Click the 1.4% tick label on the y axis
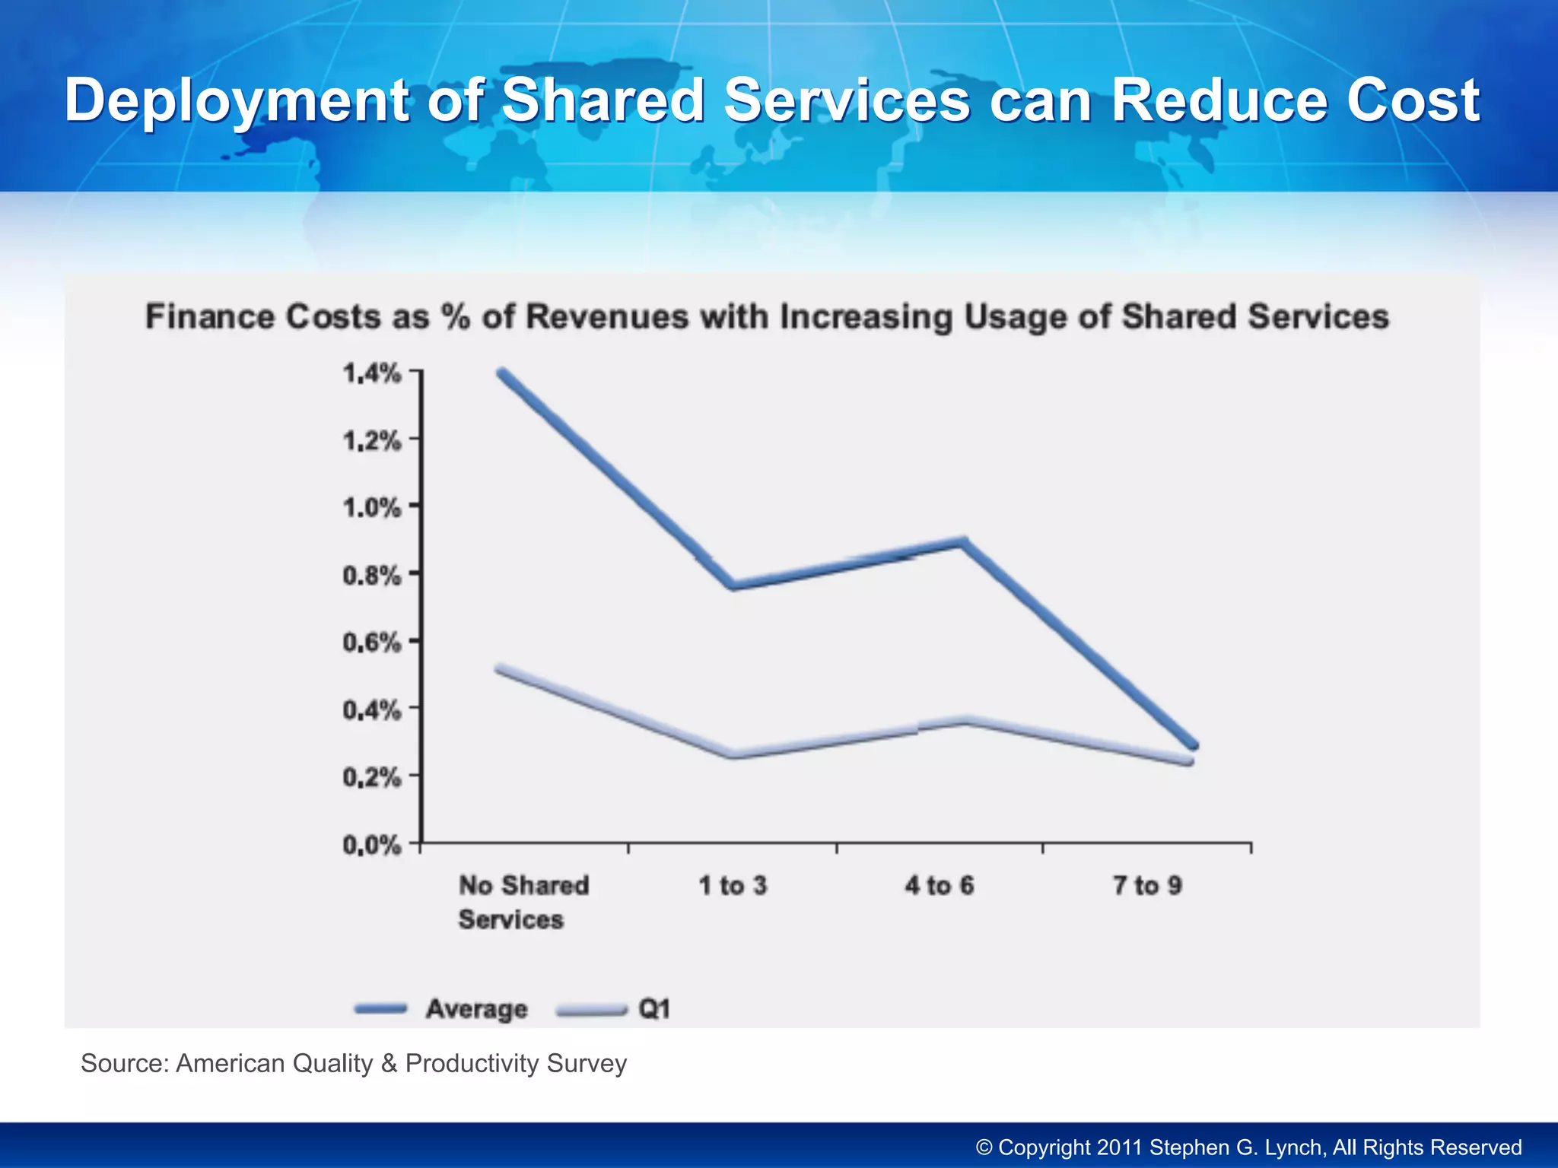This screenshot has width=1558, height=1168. tap(371, 373)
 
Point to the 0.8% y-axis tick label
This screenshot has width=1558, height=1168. tap(371, 576)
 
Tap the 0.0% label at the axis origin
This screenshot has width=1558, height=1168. tap(371, 845)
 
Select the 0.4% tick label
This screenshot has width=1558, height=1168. tap(371, 710)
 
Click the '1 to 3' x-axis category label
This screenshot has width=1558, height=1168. tap(733, 885)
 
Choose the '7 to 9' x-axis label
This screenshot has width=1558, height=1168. tap(1147, 885)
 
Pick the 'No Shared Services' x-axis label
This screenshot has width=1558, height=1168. tap(523, 902)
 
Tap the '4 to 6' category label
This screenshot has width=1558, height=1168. tap(940, 885)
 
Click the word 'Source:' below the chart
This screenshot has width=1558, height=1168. tap(125, 1063)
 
